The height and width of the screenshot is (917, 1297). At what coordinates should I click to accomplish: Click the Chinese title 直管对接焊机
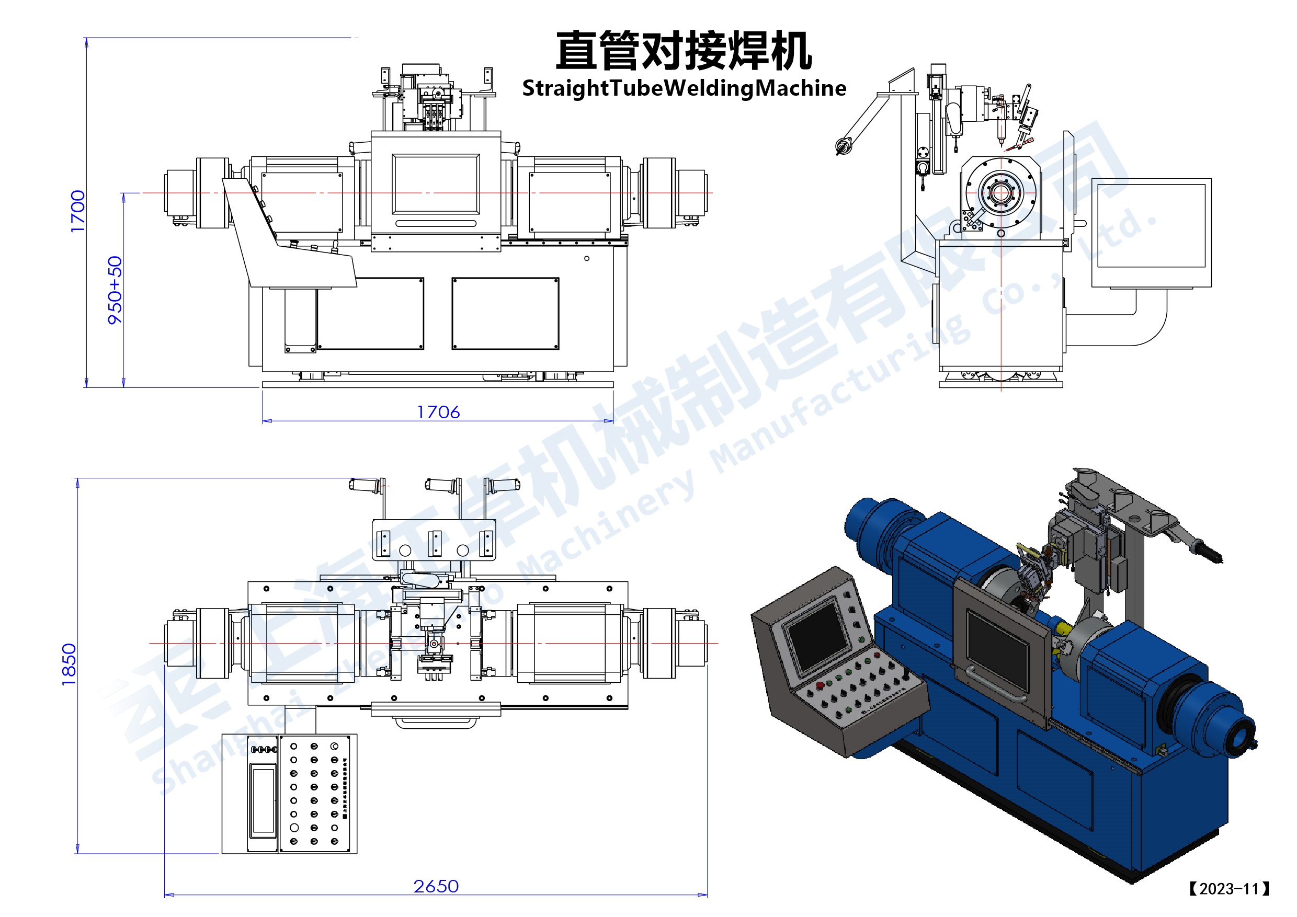click(684, 51)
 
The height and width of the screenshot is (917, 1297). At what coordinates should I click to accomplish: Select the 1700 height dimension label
click(78, 211)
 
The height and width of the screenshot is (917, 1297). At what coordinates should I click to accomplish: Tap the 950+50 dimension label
click(115, 290)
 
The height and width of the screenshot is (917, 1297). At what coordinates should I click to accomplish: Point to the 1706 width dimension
click(438, 412)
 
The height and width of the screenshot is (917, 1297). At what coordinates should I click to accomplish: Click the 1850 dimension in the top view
click(69, 664)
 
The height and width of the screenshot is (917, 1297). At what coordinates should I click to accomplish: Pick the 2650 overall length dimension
click(436, 887)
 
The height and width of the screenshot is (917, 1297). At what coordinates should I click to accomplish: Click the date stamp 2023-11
click(1229, 889)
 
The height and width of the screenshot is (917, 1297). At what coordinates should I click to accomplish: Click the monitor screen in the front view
click(436, 185)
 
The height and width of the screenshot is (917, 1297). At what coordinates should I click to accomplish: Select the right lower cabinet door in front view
click(505, 313)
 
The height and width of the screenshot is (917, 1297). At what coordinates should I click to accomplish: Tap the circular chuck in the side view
click(1001, 192)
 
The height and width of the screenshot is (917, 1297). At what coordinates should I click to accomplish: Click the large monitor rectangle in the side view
click(1151, 226)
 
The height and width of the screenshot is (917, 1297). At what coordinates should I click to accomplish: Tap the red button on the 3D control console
click(820, 685)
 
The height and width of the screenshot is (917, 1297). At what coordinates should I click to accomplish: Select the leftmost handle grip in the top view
click(364, 485)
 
